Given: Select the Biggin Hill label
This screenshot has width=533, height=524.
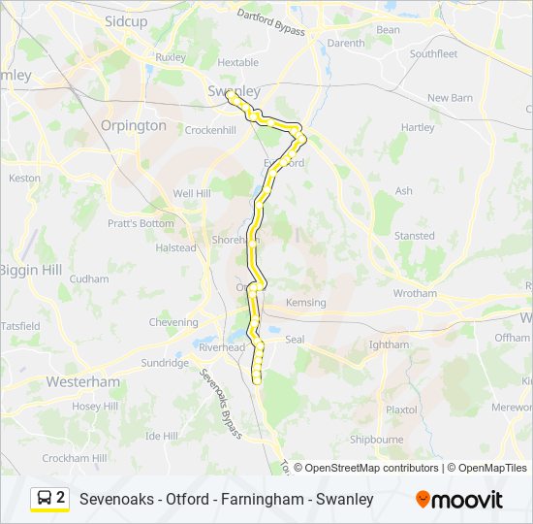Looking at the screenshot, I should (x=30, y=269).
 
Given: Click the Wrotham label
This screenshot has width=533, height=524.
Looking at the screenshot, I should (x=415, y=293).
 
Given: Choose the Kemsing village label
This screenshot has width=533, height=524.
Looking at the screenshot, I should (x=306, y=303).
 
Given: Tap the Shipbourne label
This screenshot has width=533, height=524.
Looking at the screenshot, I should (x=376, y=440).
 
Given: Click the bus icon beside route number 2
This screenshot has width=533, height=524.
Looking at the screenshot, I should (x=43, y=499).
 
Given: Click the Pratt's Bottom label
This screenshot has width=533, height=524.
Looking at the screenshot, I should (x=141, y=223).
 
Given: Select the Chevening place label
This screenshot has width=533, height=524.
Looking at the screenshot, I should (x=172, y=322).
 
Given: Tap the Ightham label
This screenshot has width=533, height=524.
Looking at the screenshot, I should (x=390, y=344).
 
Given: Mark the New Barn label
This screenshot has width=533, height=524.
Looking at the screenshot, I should (x=450, y=98).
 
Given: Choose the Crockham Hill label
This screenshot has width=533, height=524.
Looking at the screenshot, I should (x=74, y=458).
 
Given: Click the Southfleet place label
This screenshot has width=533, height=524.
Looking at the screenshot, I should (x=433, y=54).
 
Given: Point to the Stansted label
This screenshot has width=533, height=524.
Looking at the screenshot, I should (x=414, y=236).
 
